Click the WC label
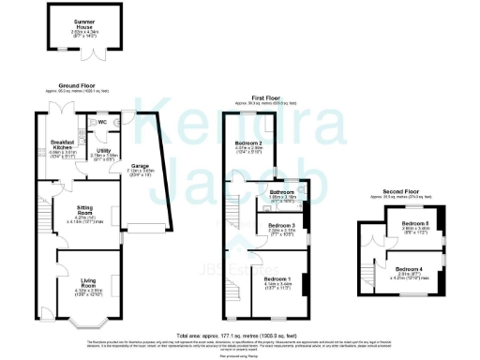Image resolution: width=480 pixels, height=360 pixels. pyautogui.click(x=100, y=122)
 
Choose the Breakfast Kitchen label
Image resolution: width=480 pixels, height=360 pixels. pyautogui.click(x=63, y=145)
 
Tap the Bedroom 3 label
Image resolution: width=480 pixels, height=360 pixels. pyautogui.click(x=281, y=226)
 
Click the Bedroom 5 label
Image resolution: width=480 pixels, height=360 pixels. pyautogui.click(x=413, y=223)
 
